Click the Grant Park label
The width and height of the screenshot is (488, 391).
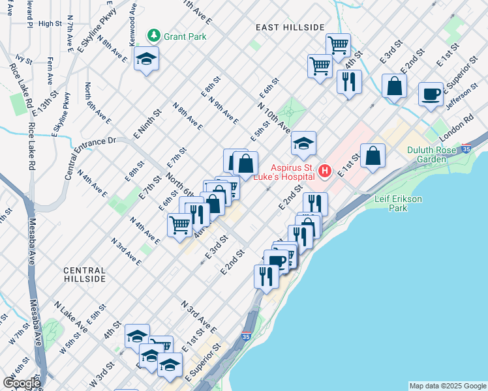[x=185, y=36]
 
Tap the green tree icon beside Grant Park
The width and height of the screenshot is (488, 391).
[x=154, y=36]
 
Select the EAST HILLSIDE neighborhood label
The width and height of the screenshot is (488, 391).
[x=290, y=27]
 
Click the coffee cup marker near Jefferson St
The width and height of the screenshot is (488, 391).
[x=431, y=94]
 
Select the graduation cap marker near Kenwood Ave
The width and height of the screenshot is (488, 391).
[x=147, y=59]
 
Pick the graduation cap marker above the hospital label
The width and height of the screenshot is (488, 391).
[x=303, y=143]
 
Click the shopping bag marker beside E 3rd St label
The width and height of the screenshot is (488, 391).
[x=395, y=86]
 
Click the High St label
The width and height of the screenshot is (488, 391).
[x=50, y=23]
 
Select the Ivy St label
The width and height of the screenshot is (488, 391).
[x=24, y=59]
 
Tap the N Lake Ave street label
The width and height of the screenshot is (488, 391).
[x=70, y=315]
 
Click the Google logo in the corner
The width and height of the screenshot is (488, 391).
[x=22, y=383]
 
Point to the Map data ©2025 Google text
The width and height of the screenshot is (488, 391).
[x=448, y=386]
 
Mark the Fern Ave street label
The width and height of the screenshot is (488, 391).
[x=50, y=72]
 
